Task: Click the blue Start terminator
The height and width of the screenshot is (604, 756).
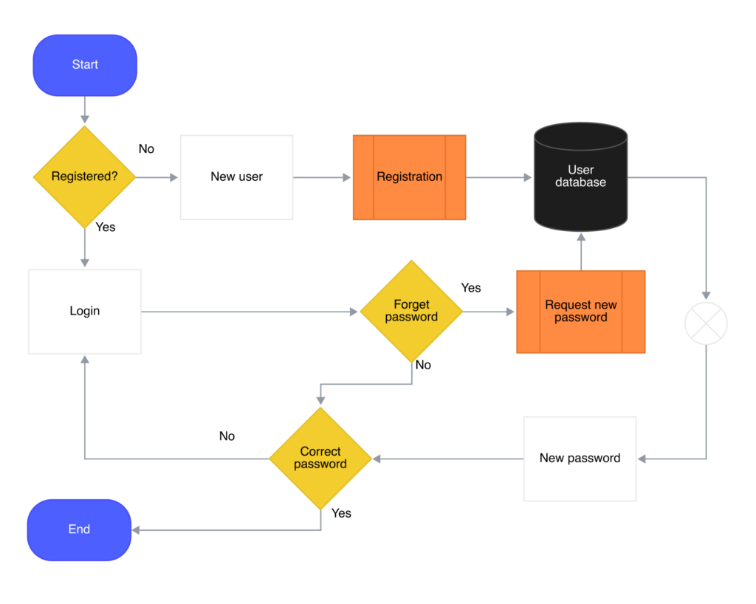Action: pos(85,65)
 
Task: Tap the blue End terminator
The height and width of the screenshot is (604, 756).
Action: pos(79,529)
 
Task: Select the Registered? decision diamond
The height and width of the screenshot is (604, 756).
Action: pos(84,177)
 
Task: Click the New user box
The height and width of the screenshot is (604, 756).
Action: pos(237,177)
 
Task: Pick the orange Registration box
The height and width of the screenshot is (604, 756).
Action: pos(409,177)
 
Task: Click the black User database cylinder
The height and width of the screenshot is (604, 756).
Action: pos(581,176)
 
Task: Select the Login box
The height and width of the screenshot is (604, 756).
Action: pos(85,312)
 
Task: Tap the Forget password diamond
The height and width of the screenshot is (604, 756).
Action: pos(411,312)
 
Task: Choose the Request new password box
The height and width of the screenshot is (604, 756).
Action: pos(581,312)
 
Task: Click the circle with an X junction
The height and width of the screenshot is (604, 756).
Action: pos(707,323)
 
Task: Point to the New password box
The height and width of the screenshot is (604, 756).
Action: pos(580,459)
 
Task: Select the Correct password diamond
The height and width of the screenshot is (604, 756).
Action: pos(320,459)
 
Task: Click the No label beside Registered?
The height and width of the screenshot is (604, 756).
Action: pos(147,149)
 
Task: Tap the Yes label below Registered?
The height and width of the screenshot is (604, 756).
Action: pos(106,227)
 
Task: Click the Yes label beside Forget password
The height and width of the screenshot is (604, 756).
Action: pos(471,288)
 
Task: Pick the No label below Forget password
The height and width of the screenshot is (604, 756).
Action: pos(423,365)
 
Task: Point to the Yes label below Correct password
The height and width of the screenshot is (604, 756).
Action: pos(341,513)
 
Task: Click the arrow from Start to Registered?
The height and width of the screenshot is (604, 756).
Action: pos(85,110)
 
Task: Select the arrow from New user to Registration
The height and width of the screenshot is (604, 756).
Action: pos(322,177)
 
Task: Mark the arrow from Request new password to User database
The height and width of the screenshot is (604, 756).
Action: pos(581,252)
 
